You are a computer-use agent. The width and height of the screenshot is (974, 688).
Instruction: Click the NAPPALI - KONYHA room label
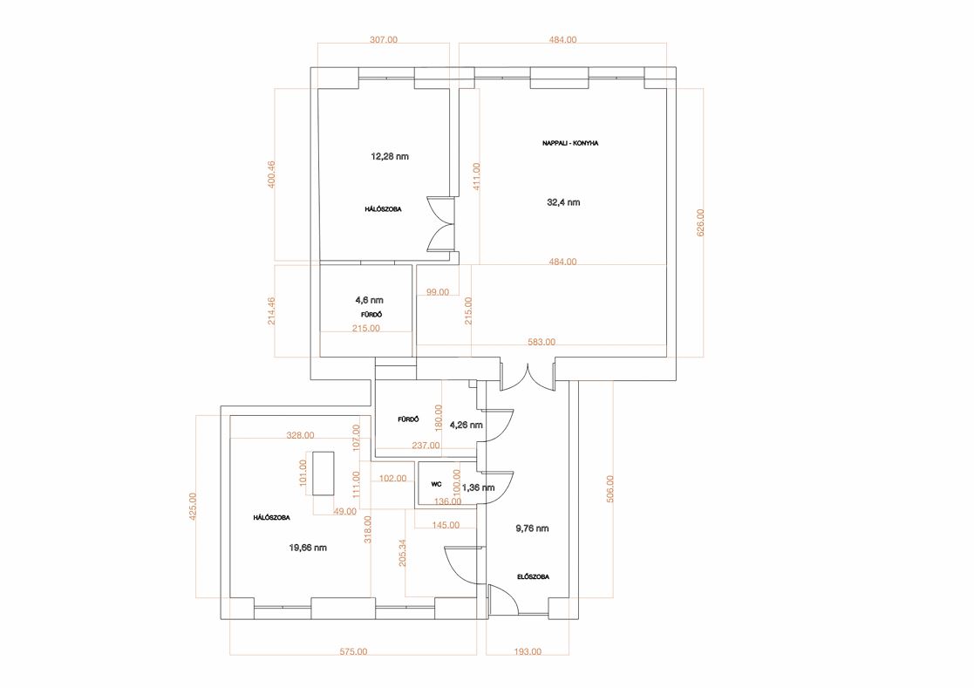pos(569,143)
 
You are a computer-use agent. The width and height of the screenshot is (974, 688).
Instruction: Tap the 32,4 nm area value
pos(563,202)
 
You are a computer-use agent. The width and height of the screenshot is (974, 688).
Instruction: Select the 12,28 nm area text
pos(390,156)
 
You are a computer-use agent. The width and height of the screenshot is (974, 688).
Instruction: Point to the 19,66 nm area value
pos(308,548)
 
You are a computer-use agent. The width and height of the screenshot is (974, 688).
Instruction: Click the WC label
pos(436,484)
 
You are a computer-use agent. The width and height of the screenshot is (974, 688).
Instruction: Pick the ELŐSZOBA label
pos(533,577)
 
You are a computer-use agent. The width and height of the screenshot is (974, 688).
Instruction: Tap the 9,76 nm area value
pos(533,528)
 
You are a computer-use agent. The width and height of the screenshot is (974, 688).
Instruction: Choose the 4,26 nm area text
pos(466,426)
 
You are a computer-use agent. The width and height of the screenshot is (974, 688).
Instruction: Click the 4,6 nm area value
pos(369,301)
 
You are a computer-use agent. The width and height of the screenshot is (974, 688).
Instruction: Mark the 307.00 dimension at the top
pos(384,40)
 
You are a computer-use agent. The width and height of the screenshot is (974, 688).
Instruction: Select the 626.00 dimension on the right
pos(701,222)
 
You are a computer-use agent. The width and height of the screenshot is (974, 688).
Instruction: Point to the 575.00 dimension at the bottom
pos(353,652)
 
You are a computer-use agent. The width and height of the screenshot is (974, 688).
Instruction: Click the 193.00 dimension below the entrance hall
pos(528,652)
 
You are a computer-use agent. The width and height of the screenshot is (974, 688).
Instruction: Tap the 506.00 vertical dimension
pos(610,488)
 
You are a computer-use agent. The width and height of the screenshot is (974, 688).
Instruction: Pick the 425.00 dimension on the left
pos(193,506)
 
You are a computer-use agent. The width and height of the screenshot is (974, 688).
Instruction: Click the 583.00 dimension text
pos(541,342)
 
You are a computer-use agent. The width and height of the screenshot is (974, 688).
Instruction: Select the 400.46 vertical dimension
pos(271,174)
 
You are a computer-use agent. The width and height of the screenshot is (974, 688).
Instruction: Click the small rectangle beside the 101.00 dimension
pos(323,473)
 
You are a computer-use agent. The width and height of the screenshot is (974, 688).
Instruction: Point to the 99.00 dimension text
pos(438,292)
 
